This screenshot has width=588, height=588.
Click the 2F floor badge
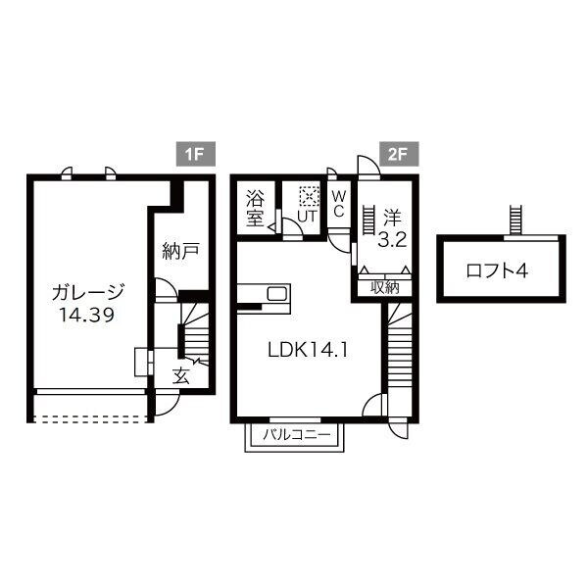396,154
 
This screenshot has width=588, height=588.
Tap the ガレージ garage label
88,293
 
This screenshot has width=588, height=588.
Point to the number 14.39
88,316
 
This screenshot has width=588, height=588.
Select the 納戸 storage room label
181,251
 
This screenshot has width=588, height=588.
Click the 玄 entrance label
181,375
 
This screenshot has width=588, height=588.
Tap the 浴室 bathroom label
256,207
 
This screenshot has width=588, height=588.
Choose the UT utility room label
307,217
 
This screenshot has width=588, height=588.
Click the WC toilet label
338,205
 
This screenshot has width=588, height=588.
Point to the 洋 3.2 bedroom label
392,226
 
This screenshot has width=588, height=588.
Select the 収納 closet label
385,287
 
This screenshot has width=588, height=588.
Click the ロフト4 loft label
496,270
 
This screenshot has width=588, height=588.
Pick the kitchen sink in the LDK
275,294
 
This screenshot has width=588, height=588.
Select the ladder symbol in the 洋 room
368,220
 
